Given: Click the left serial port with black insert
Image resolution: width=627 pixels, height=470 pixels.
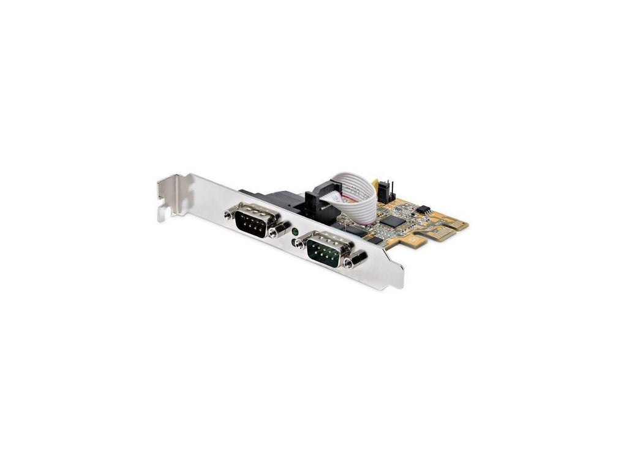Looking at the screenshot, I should tap(253, 220).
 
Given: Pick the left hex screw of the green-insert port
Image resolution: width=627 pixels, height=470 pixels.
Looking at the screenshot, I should tap(299, 243).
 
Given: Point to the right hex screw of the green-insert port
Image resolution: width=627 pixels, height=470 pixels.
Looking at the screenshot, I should tap(351, 262).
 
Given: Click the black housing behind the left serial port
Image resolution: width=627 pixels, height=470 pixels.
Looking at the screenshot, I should tap(258, 196).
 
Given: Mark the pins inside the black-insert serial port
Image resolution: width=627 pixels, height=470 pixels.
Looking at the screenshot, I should tap(252, 221).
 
